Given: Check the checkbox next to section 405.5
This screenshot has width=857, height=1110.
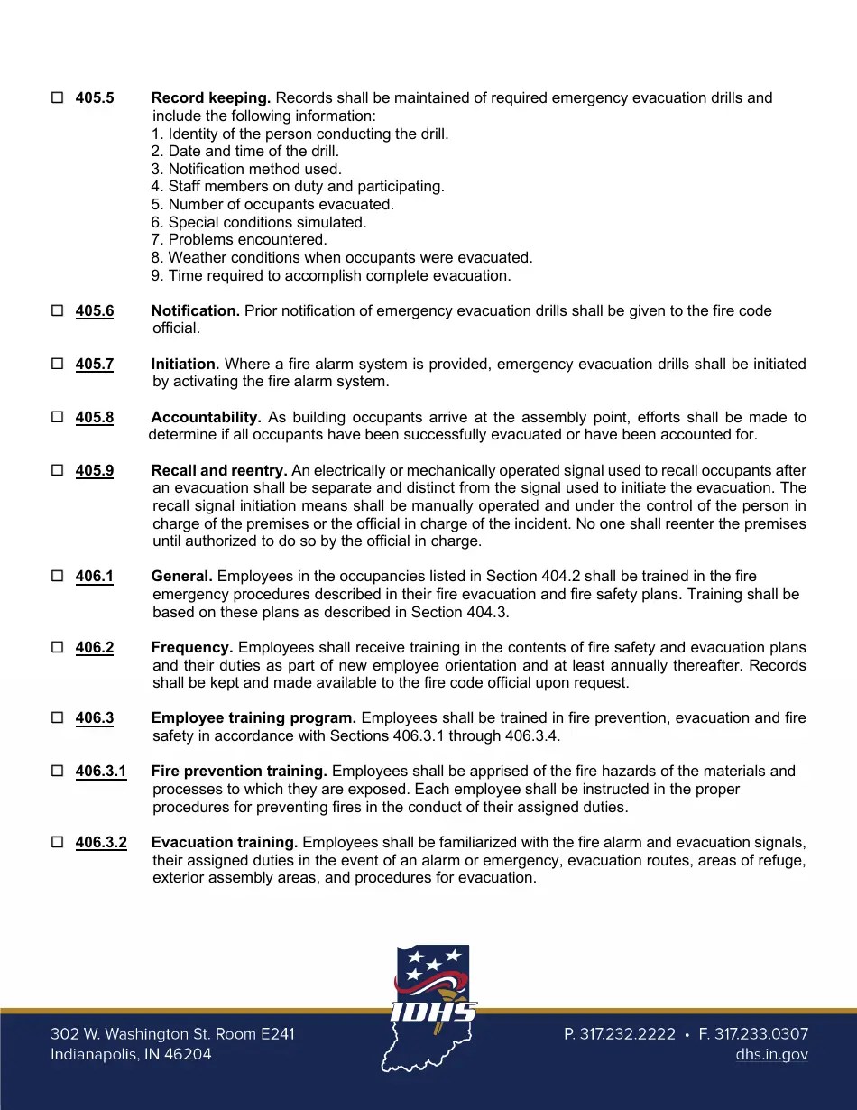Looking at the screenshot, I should [x=57, y=97].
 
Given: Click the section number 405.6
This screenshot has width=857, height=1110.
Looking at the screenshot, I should [x=95, y=311].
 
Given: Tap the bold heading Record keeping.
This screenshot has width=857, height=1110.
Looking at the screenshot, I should [x=211, y=97].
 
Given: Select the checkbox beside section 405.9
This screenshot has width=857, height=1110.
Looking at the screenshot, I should [x=57, y=471].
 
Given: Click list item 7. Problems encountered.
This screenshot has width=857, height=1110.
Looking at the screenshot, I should [x=239, y=240].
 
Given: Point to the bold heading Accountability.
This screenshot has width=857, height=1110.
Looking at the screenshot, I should [x=207, y=418].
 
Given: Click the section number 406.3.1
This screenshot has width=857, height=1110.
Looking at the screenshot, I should [x=101, y=772].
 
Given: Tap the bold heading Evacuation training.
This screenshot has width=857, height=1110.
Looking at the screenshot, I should [x=225, y=843].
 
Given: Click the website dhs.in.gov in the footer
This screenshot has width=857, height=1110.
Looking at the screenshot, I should [x=771, y=1054].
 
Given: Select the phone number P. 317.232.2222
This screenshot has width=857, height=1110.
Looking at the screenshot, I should [x=620, y=1034].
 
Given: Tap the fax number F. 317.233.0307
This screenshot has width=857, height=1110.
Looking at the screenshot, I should [x=753, y=1034].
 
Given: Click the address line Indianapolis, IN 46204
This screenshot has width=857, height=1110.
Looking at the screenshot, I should [x=132, y=1054].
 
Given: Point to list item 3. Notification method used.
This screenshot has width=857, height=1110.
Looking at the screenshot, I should [x=246, y=169].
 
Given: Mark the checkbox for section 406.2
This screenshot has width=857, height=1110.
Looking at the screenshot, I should [x=57, y=648].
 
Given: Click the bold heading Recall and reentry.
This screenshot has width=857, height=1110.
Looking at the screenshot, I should [x=219, y=471].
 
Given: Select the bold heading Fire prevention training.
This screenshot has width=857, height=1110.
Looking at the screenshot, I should [x=239, y=772].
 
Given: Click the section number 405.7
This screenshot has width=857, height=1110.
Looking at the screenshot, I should [x=95, y=365].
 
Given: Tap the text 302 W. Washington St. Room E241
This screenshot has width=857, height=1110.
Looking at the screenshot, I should [x=172, y=1034].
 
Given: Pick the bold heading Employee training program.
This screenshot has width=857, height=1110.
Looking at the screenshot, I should [x=253, y=718].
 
